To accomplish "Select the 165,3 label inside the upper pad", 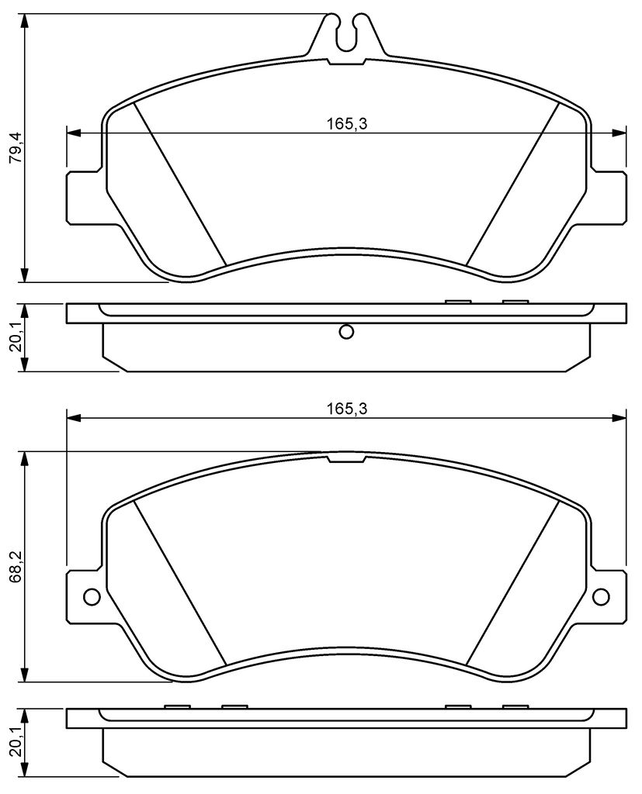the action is click(346, 123).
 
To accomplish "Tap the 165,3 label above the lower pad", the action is click(346, 409).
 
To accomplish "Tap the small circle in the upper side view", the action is click(346, 332).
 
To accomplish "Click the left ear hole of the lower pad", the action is click(92, 597).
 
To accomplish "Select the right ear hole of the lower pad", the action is click(601, 597).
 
